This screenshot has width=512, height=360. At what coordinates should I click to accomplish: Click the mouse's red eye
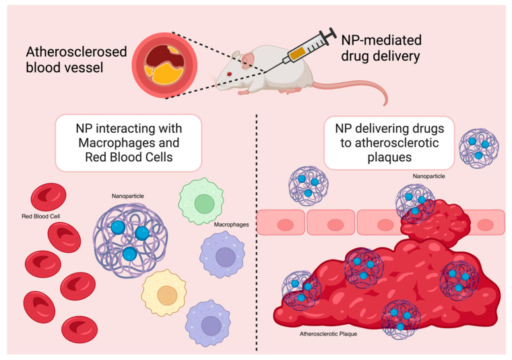tap(230, 72)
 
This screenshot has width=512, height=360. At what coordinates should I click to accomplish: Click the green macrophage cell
tap(200, 204)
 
